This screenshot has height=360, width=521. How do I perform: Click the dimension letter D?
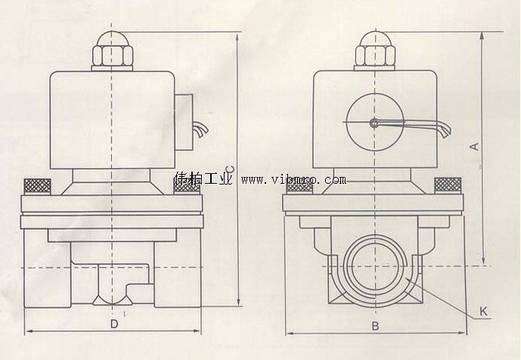tap(113, 324)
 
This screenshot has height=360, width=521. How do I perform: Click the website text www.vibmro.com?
tap(293, 180)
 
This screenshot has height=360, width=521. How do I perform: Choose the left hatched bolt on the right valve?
tap(299, 185)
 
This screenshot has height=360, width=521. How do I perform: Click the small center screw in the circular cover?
tap(372, 123)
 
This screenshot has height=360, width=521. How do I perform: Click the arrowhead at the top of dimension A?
tap(483, 35)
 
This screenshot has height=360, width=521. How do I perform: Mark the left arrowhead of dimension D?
tap(28, 332)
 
